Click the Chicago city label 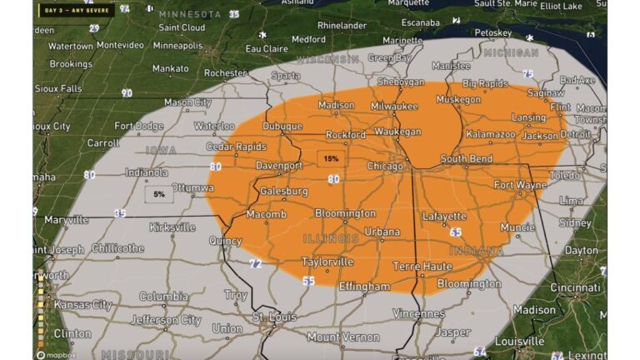[385, 167]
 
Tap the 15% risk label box [332, 158]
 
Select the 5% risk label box [159, 194]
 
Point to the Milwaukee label [394, 107]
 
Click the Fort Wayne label [521, 185]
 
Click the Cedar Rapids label [212, 147]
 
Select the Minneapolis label [177, 46]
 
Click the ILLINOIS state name [331, 239]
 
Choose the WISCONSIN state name [328, 60]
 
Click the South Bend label [464, 159]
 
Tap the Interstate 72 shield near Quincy [256, 263]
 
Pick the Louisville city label [519, 341]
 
